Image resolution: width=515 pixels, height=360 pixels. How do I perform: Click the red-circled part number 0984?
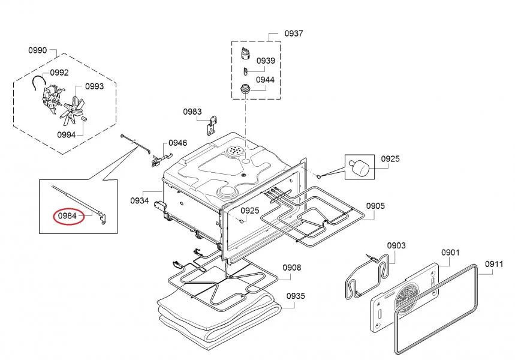tap(67, 216)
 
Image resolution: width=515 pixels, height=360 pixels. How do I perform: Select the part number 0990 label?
tap(37, 50)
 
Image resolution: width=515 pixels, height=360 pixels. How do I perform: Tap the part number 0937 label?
tap(294, 33)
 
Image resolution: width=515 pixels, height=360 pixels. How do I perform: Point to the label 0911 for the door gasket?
tap(494, 264)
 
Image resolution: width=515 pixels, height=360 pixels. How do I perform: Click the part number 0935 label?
tap(296, 296)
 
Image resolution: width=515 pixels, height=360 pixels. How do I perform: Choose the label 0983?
tap(192, 112)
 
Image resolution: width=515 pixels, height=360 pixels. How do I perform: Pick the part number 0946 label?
tap(177, 143)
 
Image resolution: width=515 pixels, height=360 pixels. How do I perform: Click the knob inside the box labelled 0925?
tap(359, 167)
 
